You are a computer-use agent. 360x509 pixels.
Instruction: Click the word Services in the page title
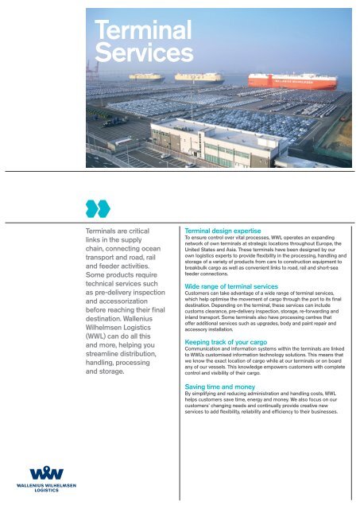[x=144, y=52]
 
